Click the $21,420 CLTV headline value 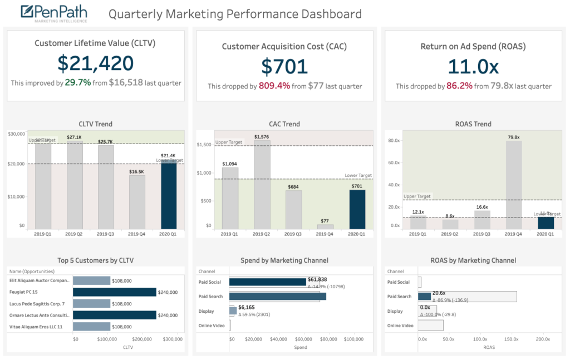pyautogui.click(x=95, y=64)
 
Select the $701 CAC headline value pyautogui.click(x=284, y=67)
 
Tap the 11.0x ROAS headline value pyautogui.click(x=473, y=67)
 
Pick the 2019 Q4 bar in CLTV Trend pyautogui.click(x=137, y=202)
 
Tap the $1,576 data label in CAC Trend pyautogui.click(x=262, y=136)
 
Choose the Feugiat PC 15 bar pyautogui.click(x=115, y=292)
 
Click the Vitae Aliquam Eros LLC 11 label pyautogui.click(x=36, y=327)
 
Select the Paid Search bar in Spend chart pyautogui.click(x=277, y=297)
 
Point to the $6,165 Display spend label pyautogui.click(x=247, y=307)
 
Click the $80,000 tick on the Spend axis pyautogui.click(x=328, y=339)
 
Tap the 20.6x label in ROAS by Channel pyautogui.click(x=439, y=293)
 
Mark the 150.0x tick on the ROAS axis pyautogui.click(x=511, y=339)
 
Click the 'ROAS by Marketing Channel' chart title pyautogui.click(x=473, y=260)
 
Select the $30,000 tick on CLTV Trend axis pyautogui.click(x=16, y=134)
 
